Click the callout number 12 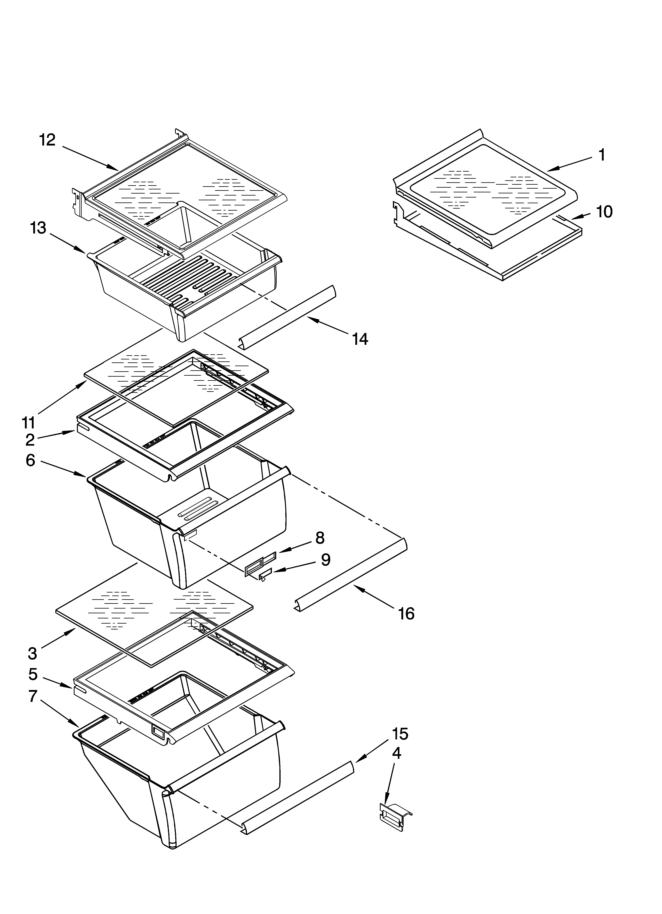coord(47,140)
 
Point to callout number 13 coord(38,228)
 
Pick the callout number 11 coord(29,423)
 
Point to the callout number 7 coord(33,696)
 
